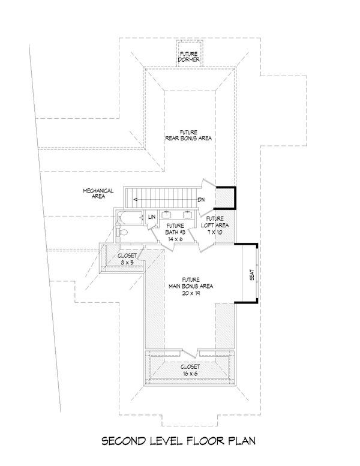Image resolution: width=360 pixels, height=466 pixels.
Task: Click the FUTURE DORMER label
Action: pos(189,56)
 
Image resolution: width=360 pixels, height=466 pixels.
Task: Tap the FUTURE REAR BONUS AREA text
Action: pos(189,135)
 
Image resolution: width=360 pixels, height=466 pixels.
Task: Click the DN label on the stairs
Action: pos(202,200)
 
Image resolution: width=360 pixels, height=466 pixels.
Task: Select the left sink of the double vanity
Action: pos(169,214)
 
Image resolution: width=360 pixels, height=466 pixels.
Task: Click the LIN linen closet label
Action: pos(152,217)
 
